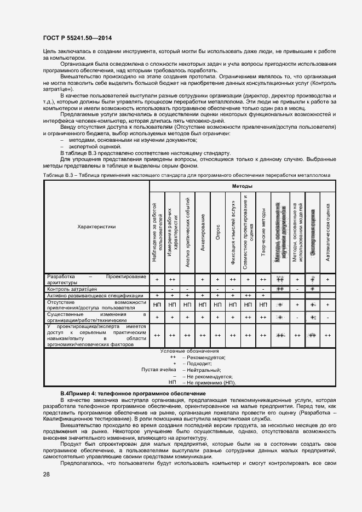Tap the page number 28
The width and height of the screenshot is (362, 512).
pos(45,474)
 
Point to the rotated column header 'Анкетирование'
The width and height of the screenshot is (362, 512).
pos(203,232)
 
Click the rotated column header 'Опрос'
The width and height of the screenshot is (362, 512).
pos(218,232)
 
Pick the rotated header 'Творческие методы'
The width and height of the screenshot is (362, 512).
pos(263,232)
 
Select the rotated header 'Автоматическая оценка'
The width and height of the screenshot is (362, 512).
pos(327,232)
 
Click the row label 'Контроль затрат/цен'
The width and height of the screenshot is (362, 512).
pos(72,288)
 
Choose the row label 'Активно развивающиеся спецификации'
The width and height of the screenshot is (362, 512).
pos(95,296)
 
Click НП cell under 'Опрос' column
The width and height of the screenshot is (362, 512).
pos(218,304)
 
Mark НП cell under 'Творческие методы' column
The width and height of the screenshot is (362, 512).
pos(263,304)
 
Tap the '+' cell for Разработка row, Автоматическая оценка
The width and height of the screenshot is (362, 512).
pos(327,279)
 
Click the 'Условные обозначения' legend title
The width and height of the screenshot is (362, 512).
pos(189,350)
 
